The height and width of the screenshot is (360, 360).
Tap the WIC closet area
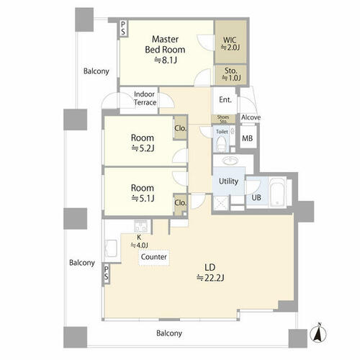coord(230,42)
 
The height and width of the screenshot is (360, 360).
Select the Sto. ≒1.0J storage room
coord(231,75)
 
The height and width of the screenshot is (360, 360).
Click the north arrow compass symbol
coord(318,333)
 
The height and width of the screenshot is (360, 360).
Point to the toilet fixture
coord(221,143)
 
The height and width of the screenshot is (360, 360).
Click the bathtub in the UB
coord(277,192)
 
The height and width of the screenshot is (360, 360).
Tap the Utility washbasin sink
coord(230,160)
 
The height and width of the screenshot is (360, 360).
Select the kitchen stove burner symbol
coord(141,226)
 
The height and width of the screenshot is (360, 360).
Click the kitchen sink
coord(111,248)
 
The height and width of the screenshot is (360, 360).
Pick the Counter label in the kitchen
coord(153,257)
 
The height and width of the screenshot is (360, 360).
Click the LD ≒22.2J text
coord(210,272)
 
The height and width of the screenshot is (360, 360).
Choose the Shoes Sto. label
coord(223,120)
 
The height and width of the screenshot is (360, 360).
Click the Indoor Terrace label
coord(145,99)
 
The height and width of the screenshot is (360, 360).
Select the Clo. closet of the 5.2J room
coord(180,128)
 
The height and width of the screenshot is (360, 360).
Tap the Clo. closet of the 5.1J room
coord(180,204)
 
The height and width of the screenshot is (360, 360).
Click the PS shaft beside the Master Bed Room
coord(123,28)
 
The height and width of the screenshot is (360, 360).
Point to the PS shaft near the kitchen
coord(106,273)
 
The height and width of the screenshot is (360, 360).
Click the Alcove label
coord(251,117)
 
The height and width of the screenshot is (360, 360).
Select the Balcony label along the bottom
coord(169,333)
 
